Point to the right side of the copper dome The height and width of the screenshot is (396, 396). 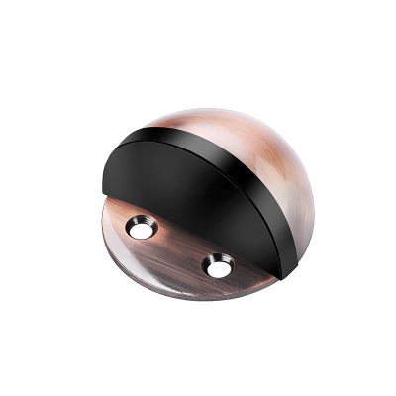[x=297, y=198]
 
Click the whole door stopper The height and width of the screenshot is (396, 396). [x=198, y=198]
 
